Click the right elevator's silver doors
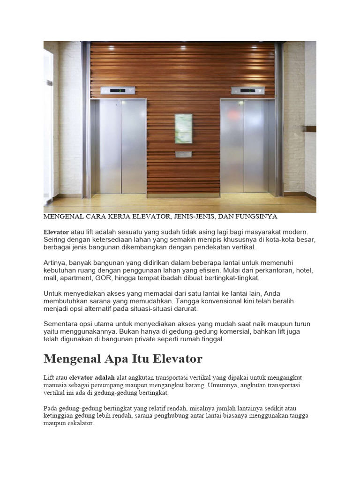(244, 147)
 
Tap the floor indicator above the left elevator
(118, 90)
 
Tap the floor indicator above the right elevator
(247, 90)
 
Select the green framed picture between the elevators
(183, 128)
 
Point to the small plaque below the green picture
(183, 154)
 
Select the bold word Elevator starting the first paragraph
(56, 232)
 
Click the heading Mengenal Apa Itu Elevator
(123, 359)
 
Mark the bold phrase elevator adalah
(92, 377)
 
